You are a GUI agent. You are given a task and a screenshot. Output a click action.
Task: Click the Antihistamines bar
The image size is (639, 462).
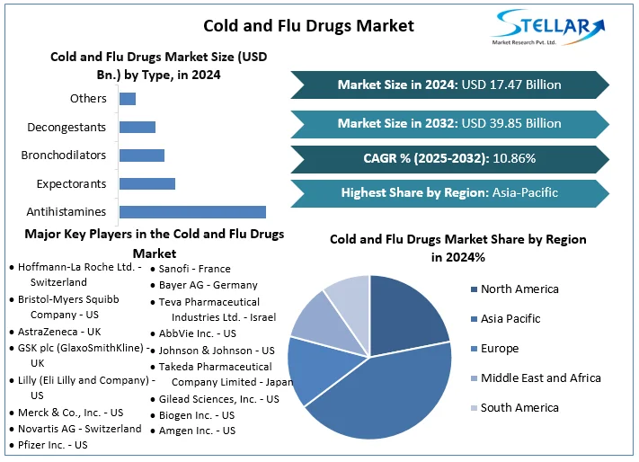pos(192,212)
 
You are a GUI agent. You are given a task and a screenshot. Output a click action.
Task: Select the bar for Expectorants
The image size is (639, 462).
pos(147,183)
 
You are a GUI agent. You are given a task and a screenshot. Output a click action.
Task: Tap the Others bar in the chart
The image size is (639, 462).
pos(128,98)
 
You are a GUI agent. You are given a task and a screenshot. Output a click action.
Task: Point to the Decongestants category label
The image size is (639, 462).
pos(67,127)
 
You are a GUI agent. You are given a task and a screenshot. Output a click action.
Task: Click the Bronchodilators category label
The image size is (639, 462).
pos(64,155)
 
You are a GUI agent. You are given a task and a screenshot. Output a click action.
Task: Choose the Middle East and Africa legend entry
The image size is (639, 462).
pos(540,378)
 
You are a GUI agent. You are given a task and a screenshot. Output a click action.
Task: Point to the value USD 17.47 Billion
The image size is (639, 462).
pos(511,84)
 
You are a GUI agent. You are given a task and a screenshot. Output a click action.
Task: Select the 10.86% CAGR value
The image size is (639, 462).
pos(512,158)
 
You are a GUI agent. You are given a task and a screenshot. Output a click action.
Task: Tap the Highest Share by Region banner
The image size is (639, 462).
pos(449,192)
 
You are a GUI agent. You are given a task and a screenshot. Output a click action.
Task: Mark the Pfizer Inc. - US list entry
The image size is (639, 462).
pos(53,445)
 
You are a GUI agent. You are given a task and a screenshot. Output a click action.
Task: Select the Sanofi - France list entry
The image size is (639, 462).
pos(194,269)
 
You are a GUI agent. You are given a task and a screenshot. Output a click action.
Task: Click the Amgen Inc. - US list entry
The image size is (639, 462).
pos(197,431)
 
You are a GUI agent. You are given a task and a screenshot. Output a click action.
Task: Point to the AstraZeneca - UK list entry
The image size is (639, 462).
pos(59,332)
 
